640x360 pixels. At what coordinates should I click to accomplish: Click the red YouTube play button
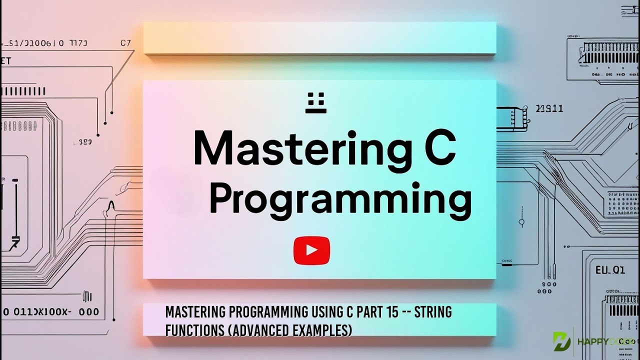pyautogui.click(x=311, y=250)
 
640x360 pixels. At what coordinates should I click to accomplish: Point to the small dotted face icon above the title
pyautogui.click(x=315, y=102)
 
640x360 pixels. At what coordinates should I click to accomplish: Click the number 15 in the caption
pyautogui.click(x=392, y=312)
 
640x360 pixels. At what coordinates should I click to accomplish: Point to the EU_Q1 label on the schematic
pyautogui.click(x=610, y=270)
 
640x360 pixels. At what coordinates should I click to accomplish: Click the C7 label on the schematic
pyautogui.click(x=125, y=43)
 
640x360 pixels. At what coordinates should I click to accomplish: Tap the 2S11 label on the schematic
pyautogui.click(x=549, y=108)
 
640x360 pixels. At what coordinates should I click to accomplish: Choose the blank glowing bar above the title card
pyautogui.click(x=319, y=38)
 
